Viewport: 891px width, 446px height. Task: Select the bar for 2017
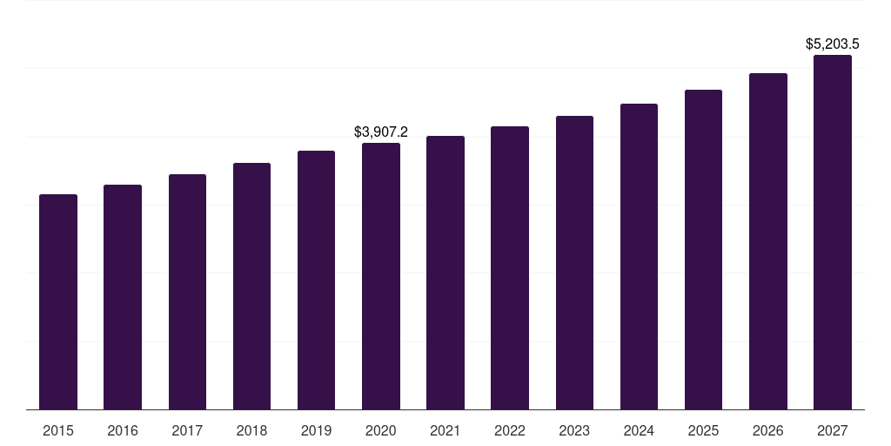pos(187,292)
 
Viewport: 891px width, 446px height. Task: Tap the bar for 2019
pos(316,280)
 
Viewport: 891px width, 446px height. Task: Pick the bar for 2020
pos(381,276)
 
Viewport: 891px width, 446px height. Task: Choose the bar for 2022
pos(510,267)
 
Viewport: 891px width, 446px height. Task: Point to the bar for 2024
pos(639,256)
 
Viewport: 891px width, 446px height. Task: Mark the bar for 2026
pos(768,241)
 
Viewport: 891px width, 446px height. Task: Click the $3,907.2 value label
pos(381,132)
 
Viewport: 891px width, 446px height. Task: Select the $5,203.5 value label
pos(833,44)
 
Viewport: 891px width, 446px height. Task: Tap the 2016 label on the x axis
pos(123,431)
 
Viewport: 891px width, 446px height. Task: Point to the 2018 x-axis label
pos(251,431)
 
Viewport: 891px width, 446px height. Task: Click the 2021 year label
pos(445,431)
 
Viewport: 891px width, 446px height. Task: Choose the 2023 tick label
pos(574,431)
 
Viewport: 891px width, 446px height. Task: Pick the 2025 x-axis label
pos(703,431)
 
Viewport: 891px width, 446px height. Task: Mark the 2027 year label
pos(833,431)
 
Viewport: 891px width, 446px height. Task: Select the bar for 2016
pos(123,297)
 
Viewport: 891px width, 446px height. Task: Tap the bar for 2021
pos(445,273)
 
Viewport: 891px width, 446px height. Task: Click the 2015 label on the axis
pos(58,431)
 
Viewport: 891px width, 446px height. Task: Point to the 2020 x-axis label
pos(381,431)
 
